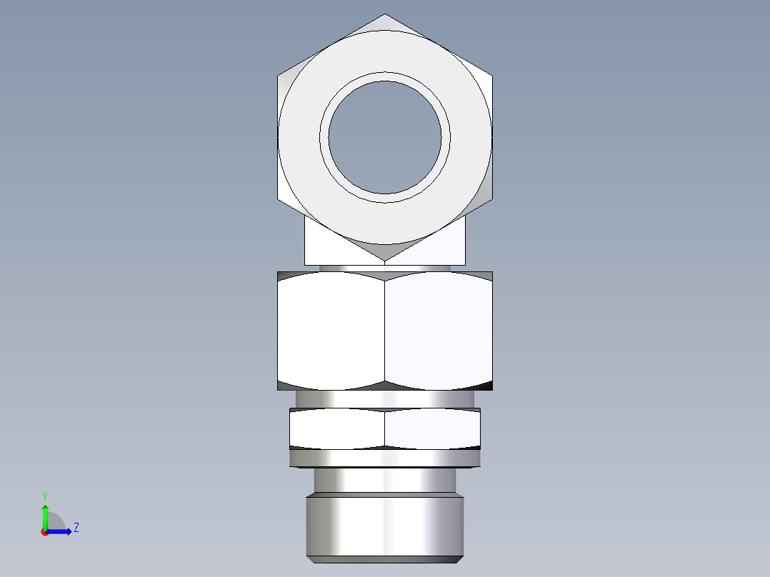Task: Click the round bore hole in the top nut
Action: [x=385, y=137]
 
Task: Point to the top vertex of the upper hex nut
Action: [x=385, y=15]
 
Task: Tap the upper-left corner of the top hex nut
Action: [x=279, y=75]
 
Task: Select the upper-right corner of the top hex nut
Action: [x=491, y=75]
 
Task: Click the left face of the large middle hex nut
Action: [x=331, y=331]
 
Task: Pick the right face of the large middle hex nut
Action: [x=439, y=331]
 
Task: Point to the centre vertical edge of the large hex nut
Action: [x=385, y=331]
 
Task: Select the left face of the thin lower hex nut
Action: [x=336, y=429]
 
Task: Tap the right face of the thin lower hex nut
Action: [x=432, y=429]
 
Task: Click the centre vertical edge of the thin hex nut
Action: [x=385, y=429]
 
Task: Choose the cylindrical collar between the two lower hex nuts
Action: [x=385, y=398]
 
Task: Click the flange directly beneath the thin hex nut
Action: [x=385, y=458]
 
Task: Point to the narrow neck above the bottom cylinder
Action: [x=385, y=480]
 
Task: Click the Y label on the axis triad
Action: [x=44, y=496]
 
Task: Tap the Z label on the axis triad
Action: [x=76, y=528]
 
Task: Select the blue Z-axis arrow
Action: [x=60, y=531]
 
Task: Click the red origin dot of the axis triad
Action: [x=44, y=532]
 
